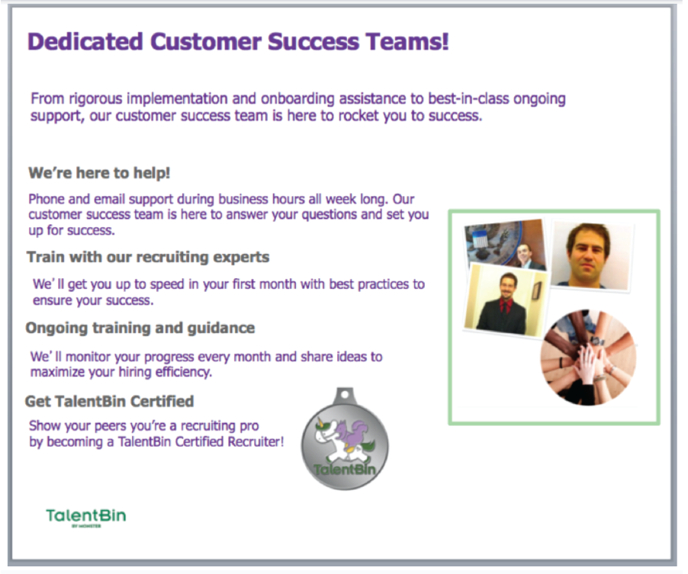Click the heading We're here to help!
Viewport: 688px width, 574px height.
coord(99,173)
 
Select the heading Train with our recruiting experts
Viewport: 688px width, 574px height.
coord(148,257)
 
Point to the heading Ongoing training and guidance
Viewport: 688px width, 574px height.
coord(140,328)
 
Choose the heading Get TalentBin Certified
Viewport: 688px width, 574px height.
coord(110,401)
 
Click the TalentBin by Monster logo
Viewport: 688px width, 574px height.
coord(85,516)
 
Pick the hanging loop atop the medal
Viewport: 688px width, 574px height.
coord(344,395)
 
